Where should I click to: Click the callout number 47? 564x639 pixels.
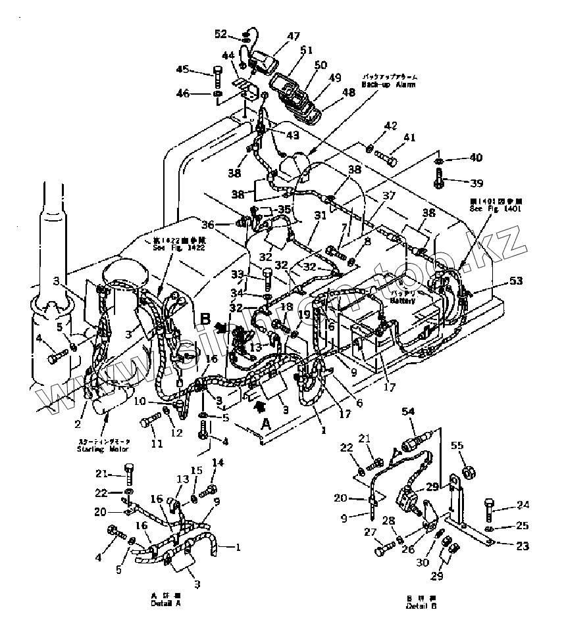point(293,36)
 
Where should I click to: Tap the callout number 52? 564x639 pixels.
point(220,34)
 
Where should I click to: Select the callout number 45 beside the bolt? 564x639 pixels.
point(182,69)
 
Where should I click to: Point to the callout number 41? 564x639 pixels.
point(410,138)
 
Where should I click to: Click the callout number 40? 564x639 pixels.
point(476,158)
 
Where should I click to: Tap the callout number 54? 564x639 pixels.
point(408,411)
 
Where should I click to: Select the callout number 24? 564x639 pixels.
point(523,506)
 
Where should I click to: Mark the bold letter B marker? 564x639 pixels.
point(205,320)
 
